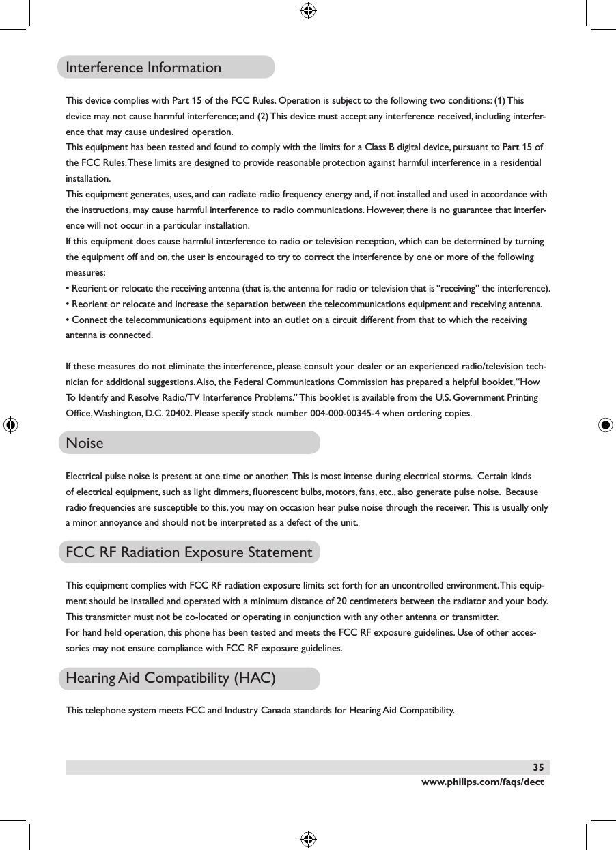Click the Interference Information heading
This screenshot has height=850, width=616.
143,68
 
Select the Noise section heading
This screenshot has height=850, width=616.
85,443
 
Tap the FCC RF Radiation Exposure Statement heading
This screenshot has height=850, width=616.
188,552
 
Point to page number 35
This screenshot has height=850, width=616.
539,767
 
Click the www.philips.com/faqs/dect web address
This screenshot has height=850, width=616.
483,782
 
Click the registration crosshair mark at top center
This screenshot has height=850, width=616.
308,10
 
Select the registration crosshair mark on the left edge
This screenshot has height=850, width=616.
11,425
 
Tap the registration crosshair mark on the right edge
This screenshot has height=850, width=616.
604,425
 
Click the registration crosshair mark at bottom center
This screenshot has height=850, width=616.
308,839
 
